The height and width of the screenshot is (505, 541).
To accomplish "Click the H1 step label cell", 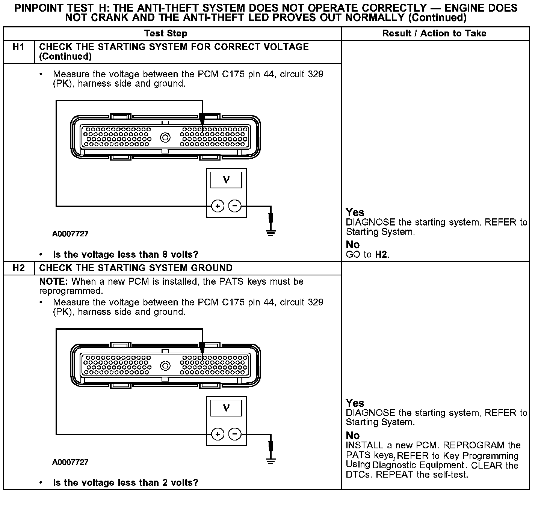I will click(x=18, y=47).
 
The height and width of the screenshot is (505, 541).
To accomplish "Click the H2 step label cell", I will click(x=18, y=268).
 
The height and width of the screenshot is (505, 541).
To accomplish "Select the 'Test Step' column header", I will click(x=165, y=33).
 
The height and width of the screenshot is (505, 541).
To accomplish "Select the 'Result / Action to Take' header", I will click(x=434, y=33).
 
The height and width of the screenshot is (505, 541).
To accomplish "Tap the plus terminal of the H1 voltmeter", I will click(x=218, y=206).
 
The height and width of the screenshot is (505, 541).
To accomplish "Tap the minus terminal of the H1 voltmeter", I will click(x=235, y=206).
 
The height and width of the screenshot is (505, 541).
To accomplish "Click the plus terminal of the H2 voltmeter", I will click(x=218, y=434).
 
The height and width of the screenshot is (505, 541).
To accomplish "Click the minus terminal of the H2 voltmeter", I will click(x=235, y=434).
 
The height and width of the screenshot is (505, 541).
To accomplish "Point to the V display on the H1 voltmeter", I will click(x=226, y=180).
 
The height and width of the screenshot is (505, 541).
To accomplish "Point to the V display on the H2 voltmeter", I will click(x=226, y=408).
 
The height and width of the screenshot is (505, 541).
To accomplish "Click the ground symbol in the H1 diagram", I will click(x=270, y=232).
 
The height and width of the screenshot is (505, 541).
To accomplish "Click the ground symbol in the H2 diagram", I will click(x=270, y=461).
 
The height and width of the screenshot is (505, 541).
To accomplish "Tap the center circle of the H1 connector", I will click(x=165, y=138).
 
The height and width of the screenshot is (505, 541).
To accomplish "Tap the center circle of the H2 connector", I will click(x=165, y=366).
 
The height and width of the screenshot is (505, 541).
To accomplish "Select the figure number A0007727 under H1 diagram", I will click(x=70, y=234).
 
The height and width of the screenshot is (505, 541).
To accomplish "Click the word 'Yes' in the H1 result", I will click(x=355, y=212).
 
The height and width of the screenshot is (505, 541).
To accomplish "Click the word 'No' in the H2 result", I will click(x=353, y=436).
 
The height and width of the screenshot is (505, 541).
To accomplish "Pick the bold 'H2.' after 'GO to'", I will click(x=382, y=255).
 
